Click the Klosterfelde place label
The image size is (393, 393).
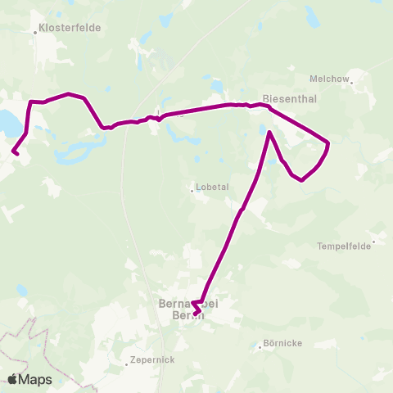point(72,27)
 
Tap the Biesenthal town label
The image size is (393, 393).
point(286,95)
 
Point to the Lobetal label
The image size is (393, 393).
point(212,186)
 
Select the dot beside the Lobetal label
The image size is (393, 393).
point(192,191)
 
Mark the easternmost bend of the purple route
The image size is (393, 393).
point(327,144)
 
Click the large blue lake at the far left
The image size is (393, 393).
point(7,123)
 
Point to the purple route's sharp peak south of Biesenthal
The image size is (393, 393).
point(269,132)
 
